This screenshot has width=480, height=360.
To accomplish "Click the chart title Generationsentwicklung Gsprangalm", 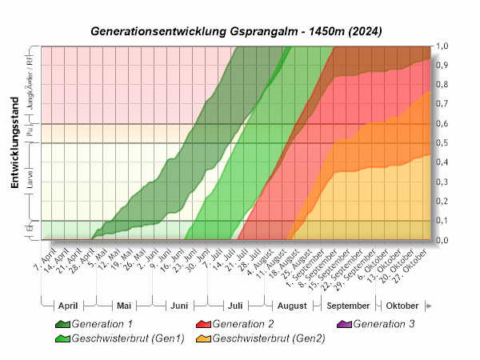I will pos(236,31).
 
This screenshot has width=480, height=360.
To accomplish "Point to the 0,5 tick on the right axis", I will pos(442,143).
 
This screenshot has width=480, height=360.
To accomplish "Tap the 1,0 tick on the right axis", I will pos(442,46).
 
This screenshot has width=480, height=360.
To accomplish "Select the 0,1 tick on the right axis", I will pos(442,221).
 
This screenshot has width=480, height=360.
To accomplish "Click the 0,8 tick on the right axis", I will pos(442,85).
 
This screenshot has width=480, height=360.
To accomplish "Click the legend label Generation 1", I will pos(102,324).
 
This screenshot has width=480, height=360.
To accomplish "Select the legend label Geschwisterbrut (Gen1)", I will pos(128,338).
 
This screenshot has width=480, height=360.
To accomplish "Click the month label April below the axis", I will pos(68,306).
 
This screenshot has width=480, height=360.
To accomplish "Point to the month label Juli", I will pos(235,306).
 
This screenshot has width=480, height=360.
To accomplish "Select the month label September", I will pos(348,306).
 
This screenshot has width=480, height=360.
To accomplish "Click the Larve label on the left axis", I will pos(30,182).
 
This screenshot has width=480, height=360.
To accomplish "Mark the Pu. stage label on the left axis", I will pos(30,134).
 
